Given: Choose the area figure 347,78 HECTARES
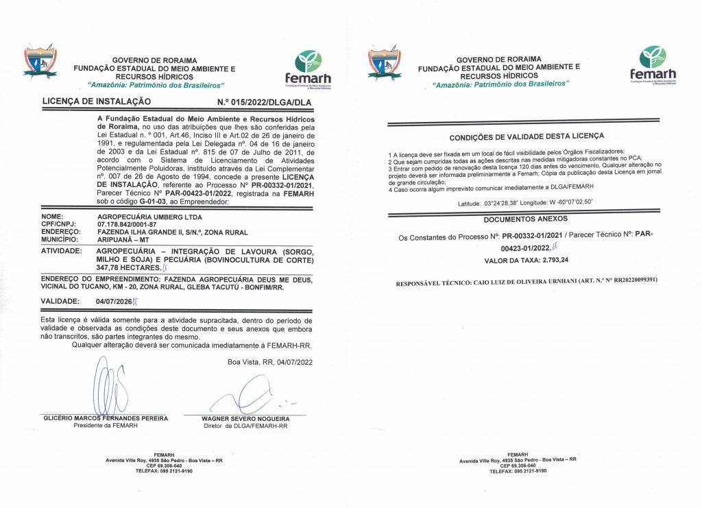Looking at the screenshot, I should (128, 268).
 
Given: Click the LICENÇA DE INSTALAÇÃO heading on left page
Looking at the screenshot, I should (97, 101).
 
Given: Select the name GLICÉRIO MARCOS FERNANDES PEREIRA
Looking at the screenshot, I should (105, 418).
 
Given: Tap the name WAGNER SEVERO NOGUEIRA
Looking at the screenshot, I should (245, 418).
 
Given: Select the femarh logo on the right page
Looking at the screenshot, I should (652, 65).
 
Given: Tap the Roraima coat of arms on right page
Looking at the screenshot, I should (384, 63).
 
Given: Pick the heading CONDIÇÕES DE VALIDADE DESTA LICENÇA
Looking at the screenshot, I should (526, 136).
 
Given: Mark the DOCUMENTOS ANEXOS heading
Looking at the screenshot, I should (526, 219).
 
